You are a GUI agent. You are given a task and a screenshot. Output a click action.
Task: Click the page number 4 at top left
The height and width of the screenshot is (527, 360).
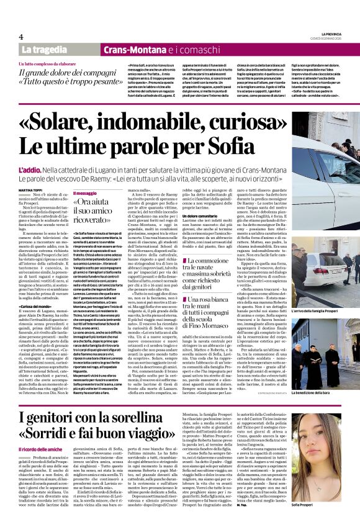pos(20,37)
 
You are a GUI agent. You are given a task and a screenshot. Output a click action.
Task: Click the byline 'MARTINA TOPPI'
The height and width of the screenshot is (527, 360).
pos(30,189)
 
